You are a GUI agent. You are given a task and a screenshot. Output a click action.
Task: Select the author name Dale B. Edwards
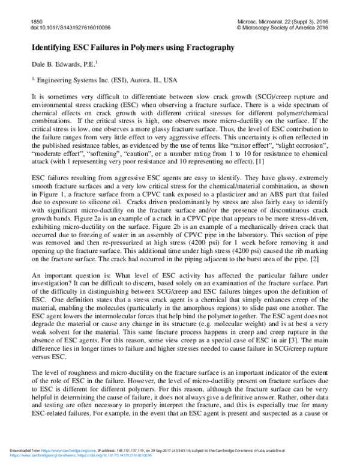60,62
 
